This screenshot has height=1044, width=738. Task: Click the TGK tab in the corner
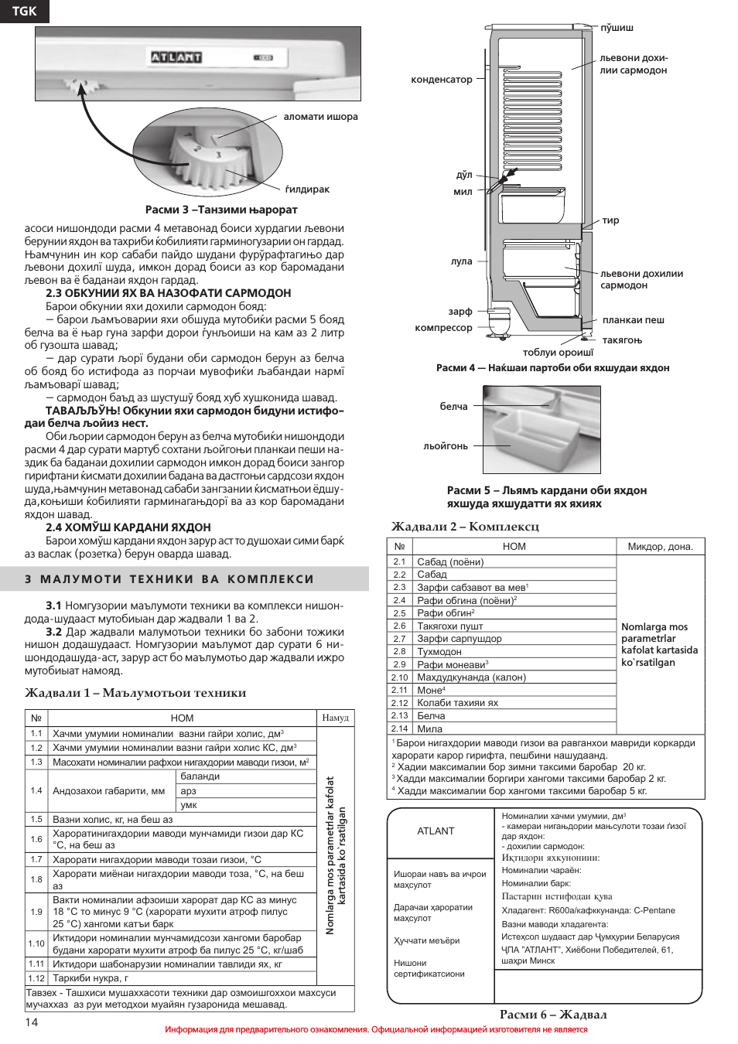(x=24, y=11)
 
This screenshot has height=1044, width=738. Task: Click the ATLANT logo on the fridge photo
(x=176, y=57)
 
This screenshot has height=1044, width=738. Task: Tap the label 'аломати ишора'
(x=320, y=117)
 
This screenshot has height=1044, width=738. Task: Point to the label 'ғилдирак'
(x=307, y=189)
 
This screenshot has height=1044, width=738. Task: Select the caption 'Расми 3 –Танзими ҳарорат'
(x=221, y=210)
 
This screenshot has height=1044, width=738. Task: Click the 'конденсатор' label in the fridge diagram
(x=442, y=80)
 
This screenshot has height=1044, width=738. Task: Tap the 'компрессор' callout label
(x=443, y=328)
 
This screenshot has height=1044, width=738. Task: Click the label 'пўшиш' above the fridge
(x=617, y=28)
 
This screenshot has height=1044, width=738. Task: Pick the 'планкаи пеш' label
(x=634, y=320)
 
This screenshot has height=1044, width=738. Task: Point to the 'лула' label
(x=461, y=261)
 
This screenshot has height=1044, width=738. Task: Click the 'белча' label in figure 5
(x=453, y=407)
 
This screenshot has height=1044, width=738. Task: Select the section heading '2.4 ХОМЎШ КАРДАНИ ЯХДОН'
(x=128, y=527)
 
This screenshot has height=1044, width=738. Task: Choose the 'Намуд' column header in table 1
(x=335, y=718)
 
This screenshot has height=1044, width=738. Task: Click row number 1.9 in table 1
(x=36, y=912)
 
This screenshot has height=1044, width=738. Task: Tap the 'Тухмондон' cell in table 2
(x=439, y=652)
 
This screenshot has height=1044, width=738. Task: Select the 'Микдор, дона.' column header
(x=660, y=547)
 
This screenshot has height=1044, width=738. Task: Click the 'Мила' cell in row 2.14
(x=430, y=728)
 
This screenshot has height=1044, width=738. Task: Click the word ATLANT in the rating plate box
(x=436, y=831)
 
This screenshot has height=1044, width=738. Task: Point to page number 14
(x=32, y=1022)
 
